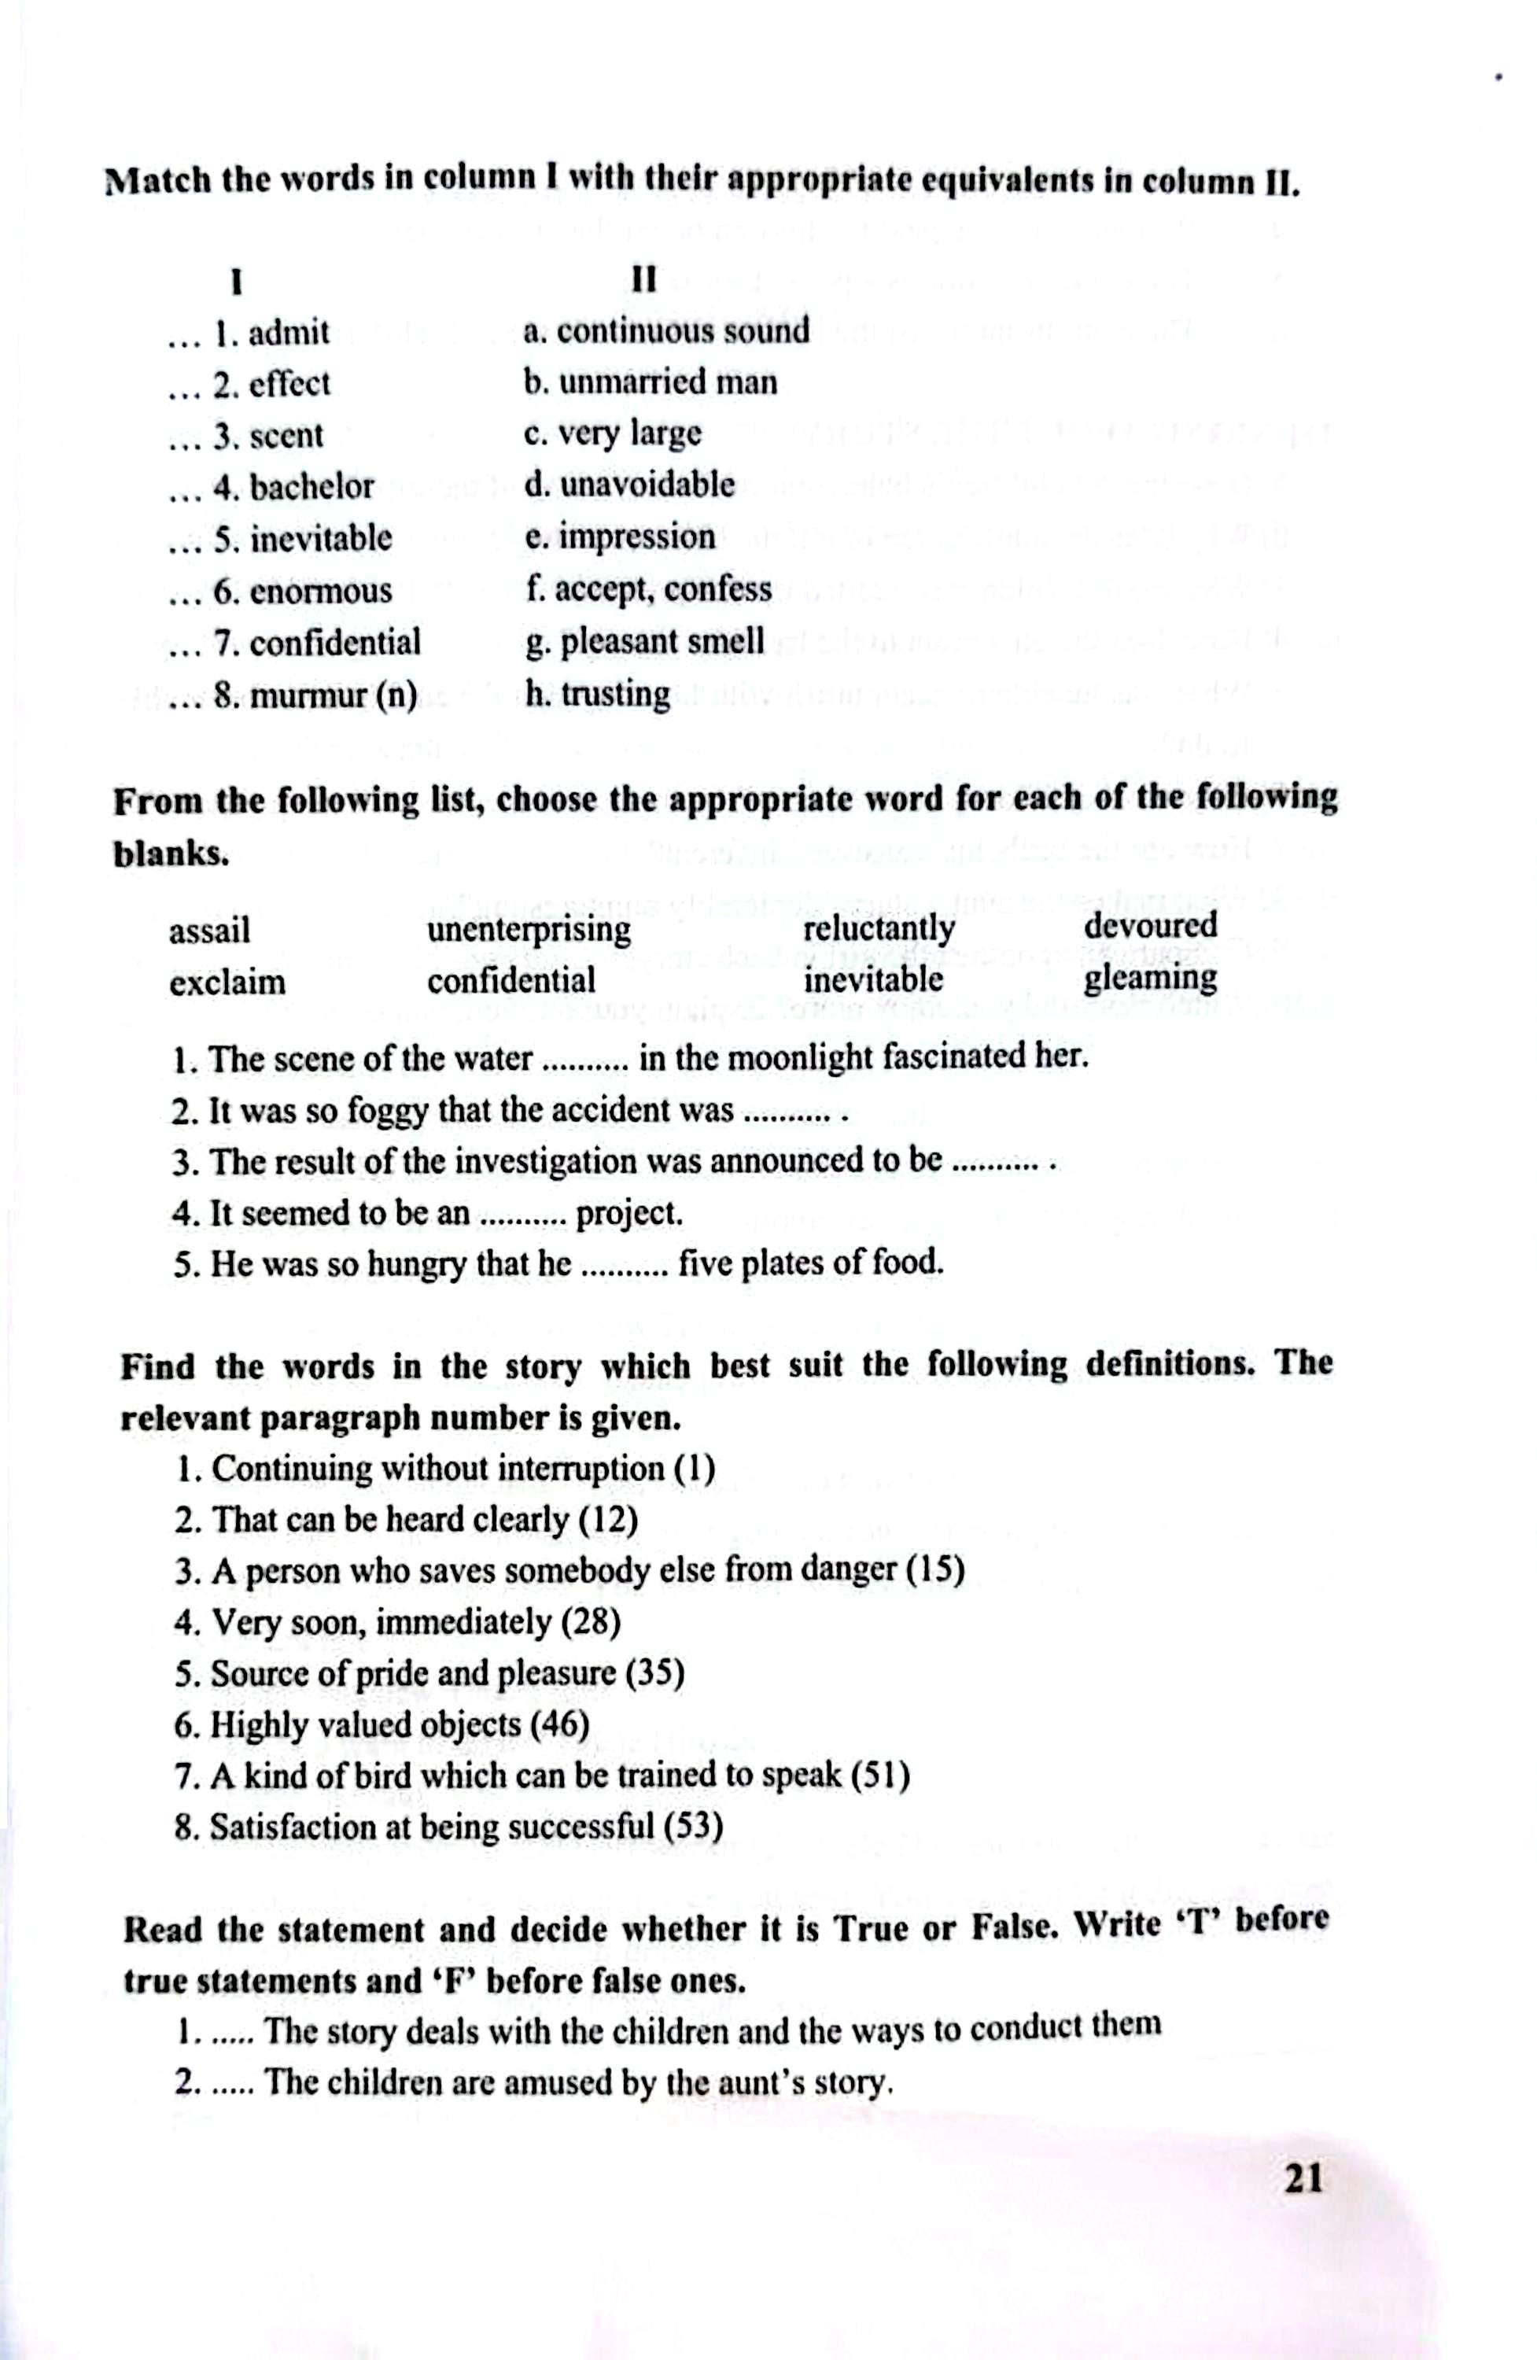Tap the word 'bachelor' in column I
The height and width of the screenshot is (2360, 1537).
click(311, 487)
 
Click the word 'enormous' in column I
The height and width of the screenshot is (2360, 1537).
click(320, 591)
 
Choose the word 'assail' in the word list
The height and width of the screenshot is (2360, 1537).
click(209, 931)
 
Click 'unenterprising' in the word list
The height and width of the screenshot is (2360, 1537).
click(529, 930)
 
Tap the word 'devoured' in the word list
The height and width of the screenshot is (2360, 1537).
click(1150, 925)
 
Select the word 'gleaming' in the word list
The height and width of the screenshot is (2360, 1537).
click(1150, 979)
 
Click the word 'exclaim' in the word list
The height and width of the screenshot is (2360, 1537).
click(227, 983)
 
